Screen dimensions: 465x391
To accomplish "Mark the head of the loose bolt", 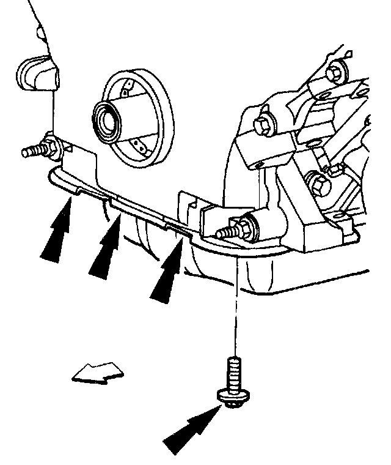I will pyautogui.click(x=233, y=396).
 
